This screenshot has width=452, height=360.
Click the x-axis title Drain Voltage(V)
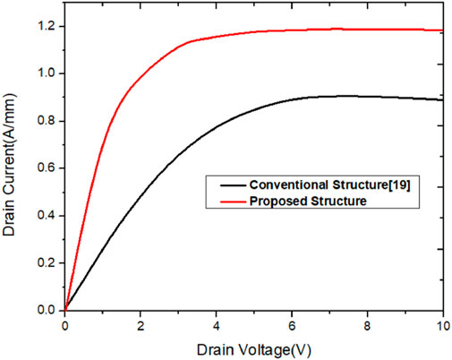click(255, 346)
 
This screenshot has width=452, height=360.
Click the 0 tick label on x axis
click(65, 324)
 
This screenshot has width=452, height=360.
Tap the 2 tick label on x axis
click(141, 324)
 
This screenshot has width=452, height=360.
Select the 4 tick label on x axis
click(217, 324)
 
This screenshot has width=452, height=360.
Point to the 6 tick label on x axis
click(293, 324)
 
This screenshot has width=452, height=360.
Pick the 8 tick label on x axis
click(368, 324)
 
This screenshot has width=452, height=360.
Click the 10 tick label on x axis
click(442, 324)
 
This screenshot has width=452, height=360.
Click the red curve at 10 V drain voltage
click(443, 30)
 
